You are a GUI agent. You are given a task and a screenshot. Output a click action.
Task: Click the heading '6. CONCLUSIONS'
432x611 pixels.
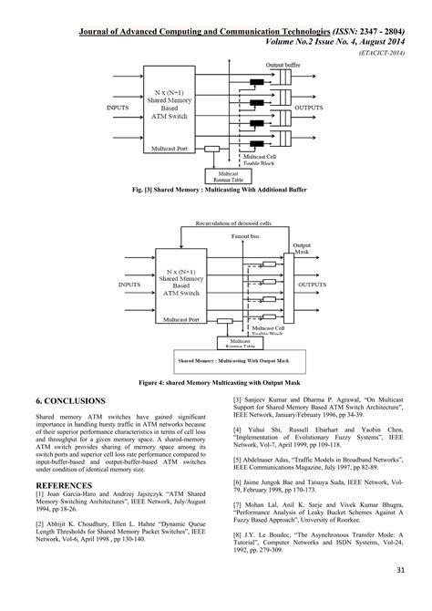[71, 400]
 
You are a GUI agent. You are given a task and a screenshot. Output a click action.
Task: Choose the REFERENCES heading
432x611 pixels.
[64, 485]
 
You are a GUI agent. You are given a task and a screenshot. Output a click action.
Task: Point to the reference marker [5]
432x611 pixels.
[239, 461]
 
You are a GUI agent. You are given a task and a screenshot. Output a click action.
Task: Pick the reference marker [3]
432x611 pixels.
[239, 399]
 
